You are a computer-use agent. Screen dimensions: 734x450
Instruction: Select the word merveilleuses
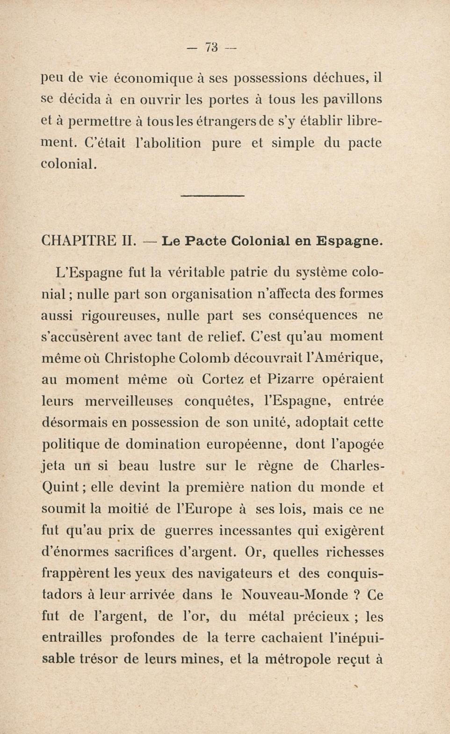(x=129, y=401)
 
